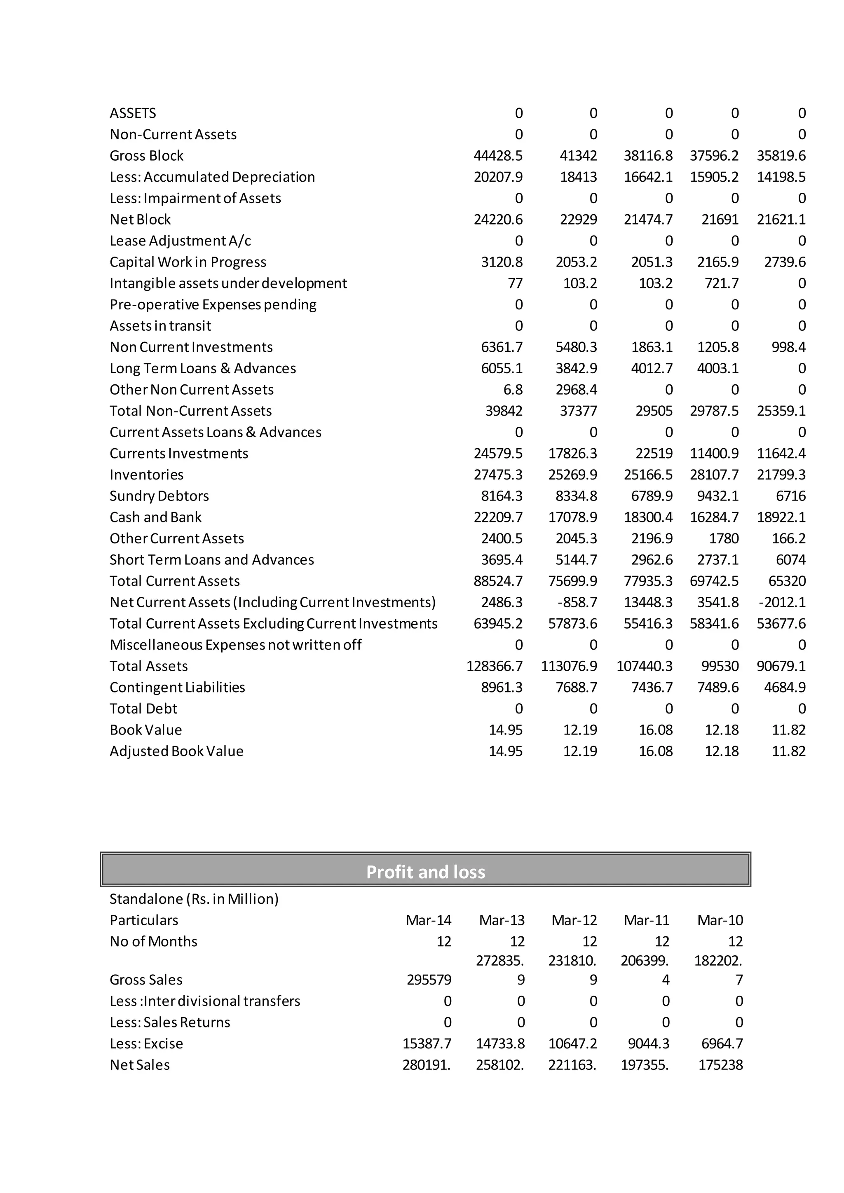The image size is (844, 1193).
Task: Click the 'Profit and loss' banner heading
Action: [425, 871]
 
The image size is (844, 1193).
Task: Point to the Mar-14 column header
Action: [428, 920]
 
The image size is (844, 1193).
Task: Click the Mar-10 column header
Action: [720, 920]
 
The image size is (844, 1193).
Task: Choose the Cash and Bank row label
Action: [155, 517]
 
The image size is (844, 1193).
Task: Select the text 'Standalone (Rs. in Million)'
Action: [194, 899]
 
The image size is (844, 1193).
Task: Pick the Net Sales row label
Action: [139, 1064]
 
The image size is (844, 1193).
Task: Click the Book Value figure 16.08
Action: [655, 730]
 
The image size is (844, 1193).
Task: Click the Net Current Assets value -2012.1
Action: [782, 602]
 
